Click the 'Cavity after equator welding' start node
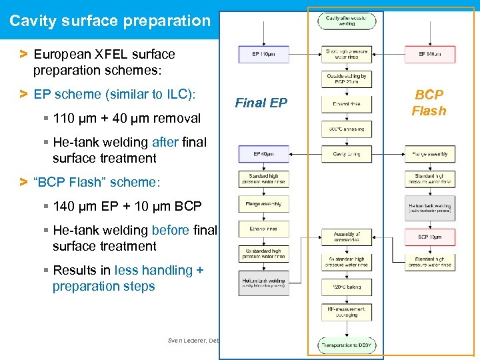click(x=347, y=21)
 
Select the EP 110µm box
click(x=263, y=54)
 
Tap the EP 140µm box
click(x=430, y=54)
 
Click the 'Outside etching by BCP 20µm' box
click(x=347, y=79)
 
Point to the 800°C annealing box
click(x=347, y=129)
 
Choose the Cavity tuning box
click(x=347, y=154)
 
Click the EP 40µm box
click(x=263, y=154)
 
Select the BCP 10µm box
click(x=430, y=237)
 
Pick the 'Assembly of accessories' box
click(x=347, y=237)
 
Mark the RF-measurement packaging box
click(x=347, y=311)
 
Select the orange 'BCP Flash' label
click(x=428, y=103)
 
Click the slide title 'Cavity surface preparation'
click(x=110, y=21)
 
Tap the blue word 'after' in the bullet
click(x=165, y=142)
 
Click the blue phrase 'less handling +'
click(x=159, y=270)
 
